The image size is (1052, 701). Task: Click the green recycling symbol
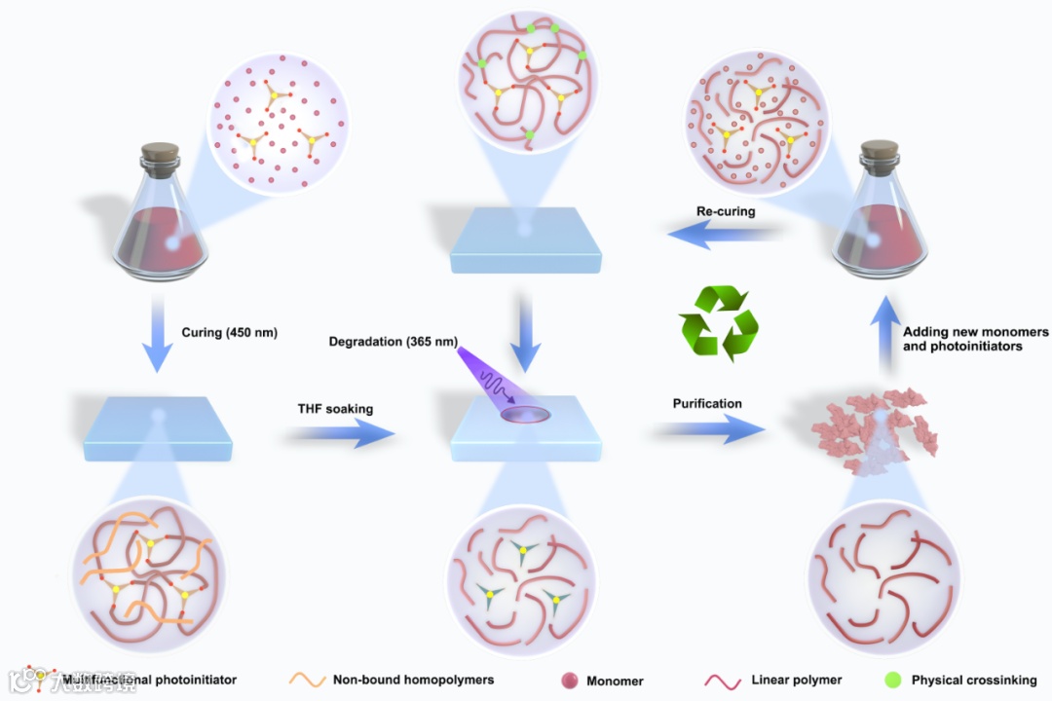[718, 321]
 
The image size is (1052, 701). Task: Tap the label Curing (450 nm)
[230, 333]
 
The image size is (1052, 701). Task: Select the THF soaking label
[335, 409]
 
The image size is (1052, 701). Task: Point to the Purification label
[707, 403]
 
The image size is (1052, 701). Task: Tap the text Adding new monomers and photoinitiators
[975, 339]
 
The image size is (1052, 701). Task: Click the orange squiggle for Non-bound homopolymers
[306, 679]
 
